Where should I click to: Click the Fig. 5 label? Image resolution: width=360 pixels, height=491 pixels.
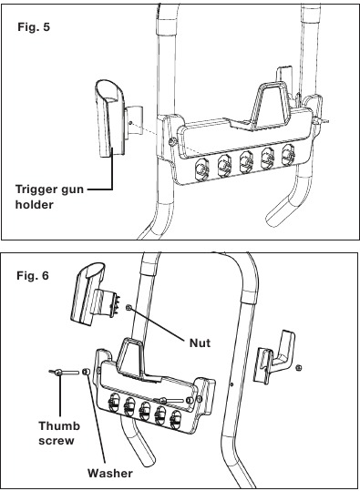point(34,27)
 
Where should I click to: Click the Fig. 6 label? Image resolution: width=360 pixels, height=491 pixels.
point(33,275)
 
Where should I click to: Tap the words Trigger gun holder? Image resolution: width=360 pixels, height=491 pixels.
point(49,197)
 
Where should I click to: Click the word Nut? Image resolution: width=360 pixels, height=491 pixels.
point(200,343)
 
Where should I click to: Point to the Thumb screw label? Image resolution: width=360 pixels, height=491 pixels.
point(59,433)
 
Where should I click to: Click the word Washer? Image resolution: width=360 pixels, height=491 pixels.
point(110,473)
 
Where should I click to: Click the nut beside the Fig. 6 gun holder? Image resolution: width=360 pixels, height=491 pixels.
point(129,308)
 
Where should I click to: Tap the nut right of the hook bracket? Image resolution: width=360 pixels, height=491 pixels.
point(299,367)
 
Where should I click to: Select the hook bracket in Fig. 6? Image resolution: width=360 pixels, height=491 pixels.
point(273,357)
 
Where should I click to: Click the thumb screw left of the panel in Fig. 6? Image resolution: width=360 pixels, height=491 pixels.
point(64,373)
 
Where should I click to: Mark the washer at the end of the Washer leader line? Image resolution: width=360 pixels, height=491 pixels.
point(86,372)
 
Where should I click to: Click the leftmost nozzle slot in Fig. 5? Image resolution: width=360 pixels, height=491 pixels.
point(202,169)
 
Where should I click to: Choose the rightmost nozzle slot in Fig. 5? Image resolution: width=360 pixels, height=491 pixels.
point(288,154)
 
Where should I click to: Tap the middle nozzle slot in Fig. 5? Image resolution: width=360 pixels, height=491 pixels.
point(246,161)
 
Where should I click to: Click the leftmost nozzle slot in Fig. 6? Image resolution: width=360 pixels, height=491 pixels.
point(114,402)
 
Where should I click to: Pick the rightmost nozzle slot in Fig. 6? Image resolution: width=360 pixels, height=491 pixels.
point(176,420)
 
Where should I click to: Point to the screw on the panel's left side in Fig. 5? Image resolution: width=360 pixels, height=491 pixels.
point(172,142)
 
